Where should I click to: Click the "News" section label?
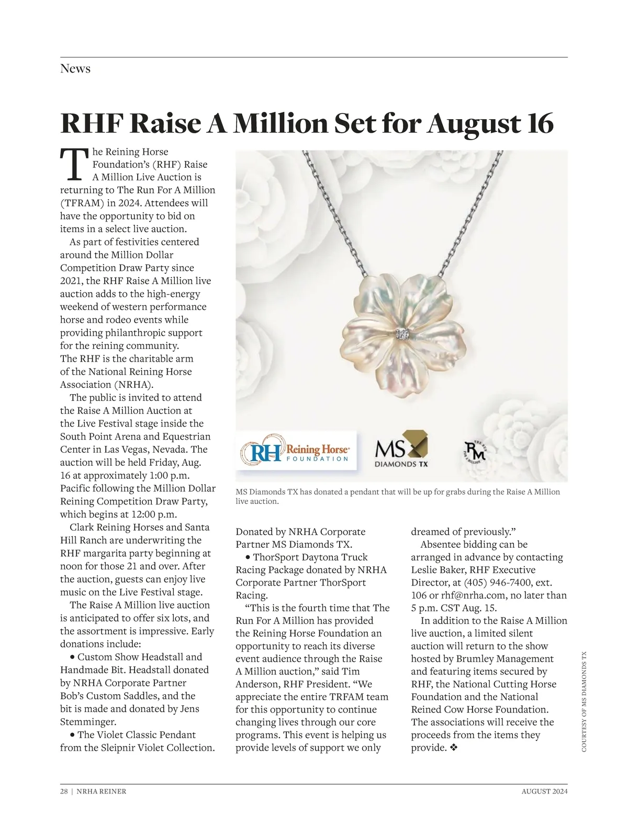click(75, 68)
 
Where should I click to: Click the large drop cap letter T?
click(73, 163)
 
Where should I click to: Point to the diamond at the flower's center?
click(402, 333)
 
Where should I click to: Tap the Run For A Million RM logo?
click(475, 451)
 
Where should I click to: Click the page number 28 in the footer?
click(64, 791)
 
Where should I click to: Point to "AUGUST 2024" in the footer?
click(544, 791)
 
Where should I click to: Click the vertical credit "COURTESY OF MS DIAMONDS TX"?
click(584, 701)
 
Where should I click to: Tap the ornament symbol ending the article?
click(454, 748)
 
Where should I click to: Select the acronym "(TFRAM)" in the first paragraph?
click(82, 203)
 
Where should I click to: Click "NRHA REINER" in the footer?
click(102, 791)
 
